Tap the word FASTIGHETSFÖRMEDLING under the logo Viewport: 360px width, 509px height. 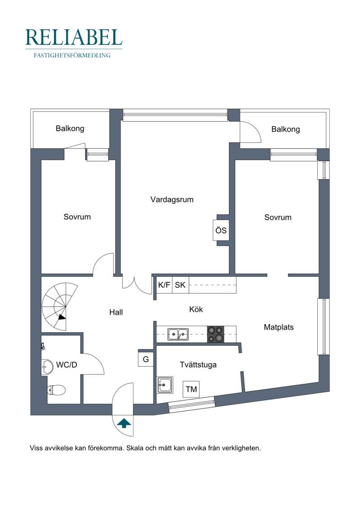pos(72,55)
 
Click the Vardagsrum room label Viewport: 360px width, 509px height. pos(172,199)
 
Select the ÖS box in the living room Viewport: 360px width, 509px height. pos(221,230)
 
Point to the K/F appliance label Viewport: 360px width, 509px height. pos(164,285)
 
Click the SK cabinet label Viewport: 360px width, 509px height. pos(180,285)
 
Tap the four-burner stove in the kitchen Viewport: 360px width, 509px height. pos(216,334)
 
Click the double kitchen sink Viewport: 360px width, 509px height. pos(178,334)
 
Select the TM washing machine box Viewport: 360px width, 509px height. pos(191,389)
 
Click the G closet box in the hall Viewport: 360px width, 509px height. pos(146,359)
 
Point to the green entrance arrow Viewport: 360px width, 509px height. pos(124,423)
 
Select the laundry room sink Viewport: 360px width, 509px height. pos(165,385)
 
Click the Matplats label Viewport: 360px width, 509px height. pos(279,327)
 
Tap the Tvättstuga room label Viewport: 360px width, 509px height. pos(198,365)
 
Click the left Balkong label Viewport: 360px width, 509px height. pos(70,129)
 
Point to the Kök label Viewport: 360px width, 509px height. pos(196,309)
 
